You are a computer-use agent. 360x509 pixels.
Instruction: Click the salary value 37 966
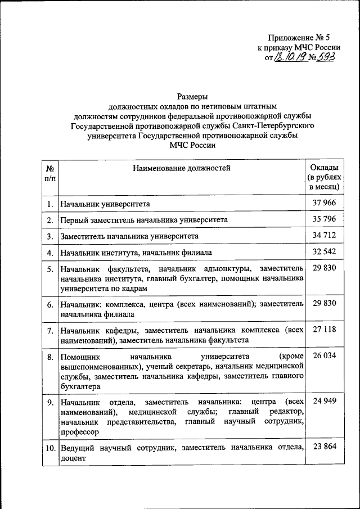point(323,202)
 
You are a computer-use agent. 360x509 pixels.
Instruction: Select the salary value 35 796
point(323,219)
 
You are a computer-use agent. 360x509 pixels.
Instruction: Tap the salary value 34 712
point(323,235)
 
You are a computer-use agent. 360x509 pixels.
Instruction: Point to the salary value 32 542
point(323,251)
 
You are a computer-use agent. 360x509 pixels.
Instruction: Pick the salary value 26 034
point(323,357)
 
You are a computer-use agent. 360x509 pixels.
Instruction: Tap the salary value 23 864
point(323,447)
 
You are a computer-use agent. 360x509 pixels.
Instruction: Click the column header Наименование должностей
point(182,168)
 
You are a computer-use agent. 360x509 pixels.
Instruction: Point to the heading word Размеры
point(192,97)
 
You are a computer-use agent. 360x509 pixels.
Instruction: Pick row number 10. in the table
point(50,448)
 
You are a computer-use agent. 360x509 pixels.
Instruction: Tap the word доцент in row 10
point(73,458)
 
